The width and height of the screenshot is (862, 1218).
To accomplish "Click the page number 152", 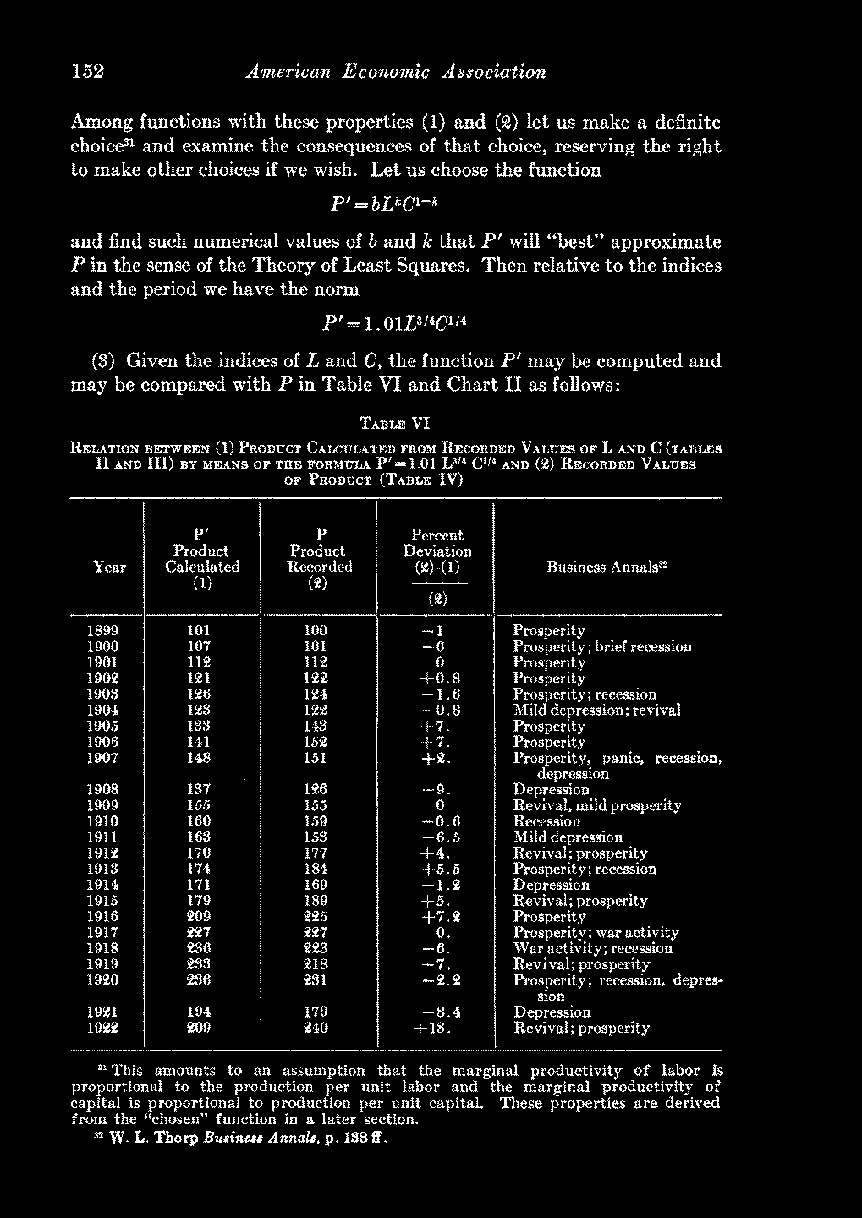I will (x=87, y=72).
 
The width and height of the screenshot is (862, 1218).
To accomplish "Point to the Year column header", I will (x=109, y=568).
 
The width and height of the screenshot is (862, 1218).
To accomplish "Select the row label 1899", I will (x=103, y=631).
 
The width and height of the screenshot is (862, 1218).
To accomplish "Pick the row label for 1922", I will (x=103, y=1029).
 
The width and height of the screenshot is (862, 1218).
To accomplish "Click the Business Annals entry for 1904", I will (x=596, y=710).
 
